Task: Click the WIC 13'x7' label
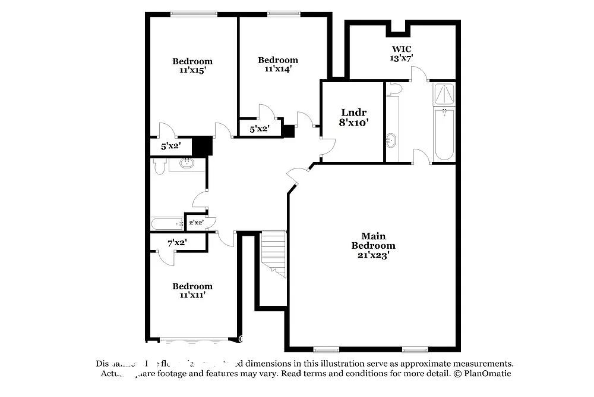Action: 401,54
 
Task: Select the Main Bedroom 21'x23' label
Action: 373,245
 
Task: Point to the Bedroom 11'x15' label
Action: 192,65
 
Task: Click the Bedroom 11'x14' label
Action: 277,64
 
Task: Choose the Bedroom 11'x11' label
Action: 192,290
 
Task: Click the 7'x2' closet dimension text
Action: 177,242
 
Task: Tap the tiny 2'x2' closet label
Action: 196,223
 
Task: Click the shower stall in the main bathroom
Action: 444,94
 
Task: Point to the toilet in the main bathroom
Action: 394,89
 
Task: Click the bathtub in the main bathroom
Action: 444,134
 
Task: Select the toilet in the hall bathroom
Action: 159,166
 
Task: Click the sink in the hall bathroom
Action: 187,163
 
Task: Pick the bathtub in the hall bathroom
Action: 167,224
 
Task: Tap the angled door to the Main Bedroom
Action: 298,174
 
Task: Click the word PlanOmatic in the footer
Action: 488,374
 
